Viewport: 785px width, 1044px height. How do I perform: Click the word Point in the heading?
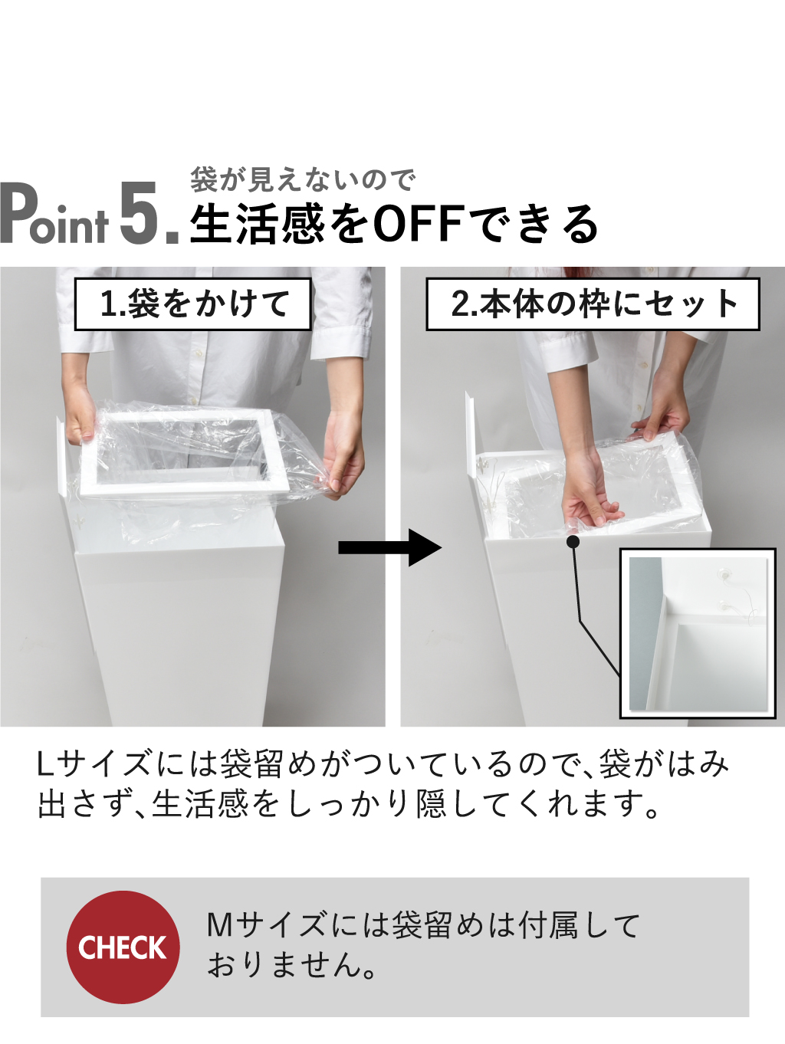54,215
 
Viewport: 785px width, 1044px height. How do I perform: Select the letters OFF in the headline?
419,224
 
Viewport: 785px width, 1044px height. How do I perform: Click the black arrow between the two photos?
390,547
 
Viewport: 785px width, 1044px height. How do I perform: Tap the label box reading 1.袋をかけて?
192,304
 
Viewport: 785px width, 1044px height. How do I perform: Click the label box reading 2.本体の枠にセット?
593,304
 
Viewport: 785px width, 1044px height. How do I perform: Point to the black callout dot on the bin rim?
573,541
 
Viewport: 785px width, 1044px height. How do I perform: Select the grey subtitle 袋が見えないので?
302,180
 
